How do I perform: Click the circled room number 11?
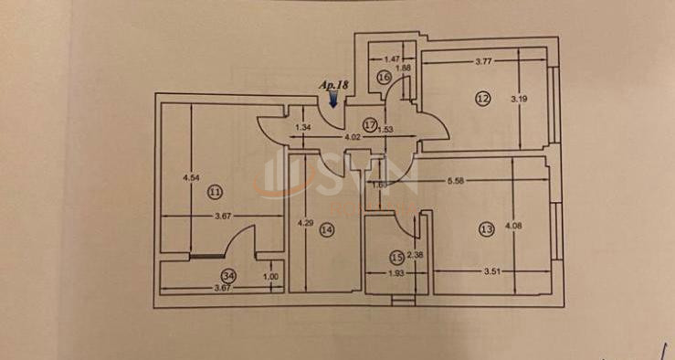[x=216, y=192]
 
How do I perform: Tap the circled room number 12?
[x=482, y=97]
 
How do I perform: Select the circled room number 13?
[x=485, y=229]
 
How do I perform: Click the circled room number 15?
[x=396, y=258]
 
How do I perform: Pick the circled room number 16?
[x=385, y=79]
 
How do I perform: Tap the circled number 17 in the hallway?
[x=370, y=123]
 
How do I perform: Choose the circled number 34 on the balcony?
[x=227, y=274]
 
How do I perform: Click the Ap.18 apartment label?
[x=333, y=85]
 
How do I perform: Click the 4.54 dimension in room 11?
[x=191, y=178]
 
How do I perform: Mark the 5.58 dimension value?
[x=459, y=182]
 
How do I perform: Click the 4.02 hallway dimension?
[x=352, y=137]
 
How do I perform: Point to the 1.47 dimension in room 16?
[x=394, y=58]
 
